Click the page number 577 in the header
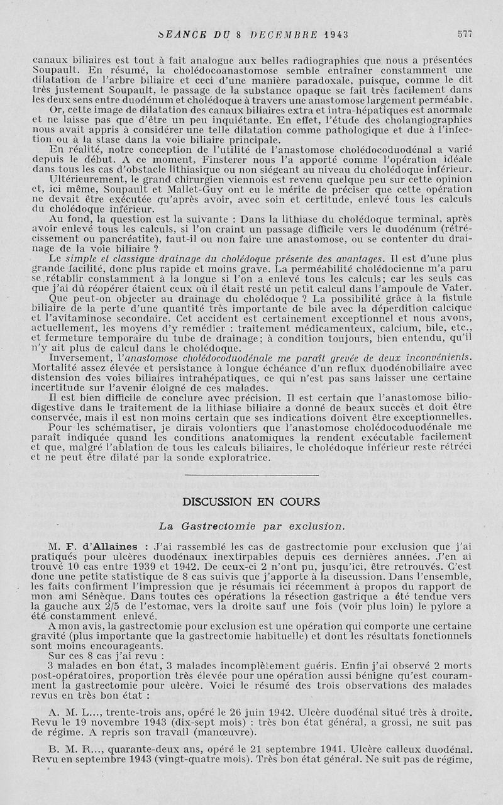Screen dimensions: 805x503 coord(465,33)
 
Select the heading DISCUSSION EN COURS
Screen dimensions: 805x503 coord(251,502)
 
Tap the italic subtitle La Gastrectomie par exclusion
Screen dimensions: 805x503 coord(251,525)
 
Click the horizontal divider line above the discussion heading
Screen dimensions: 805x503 coord(251,475)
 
